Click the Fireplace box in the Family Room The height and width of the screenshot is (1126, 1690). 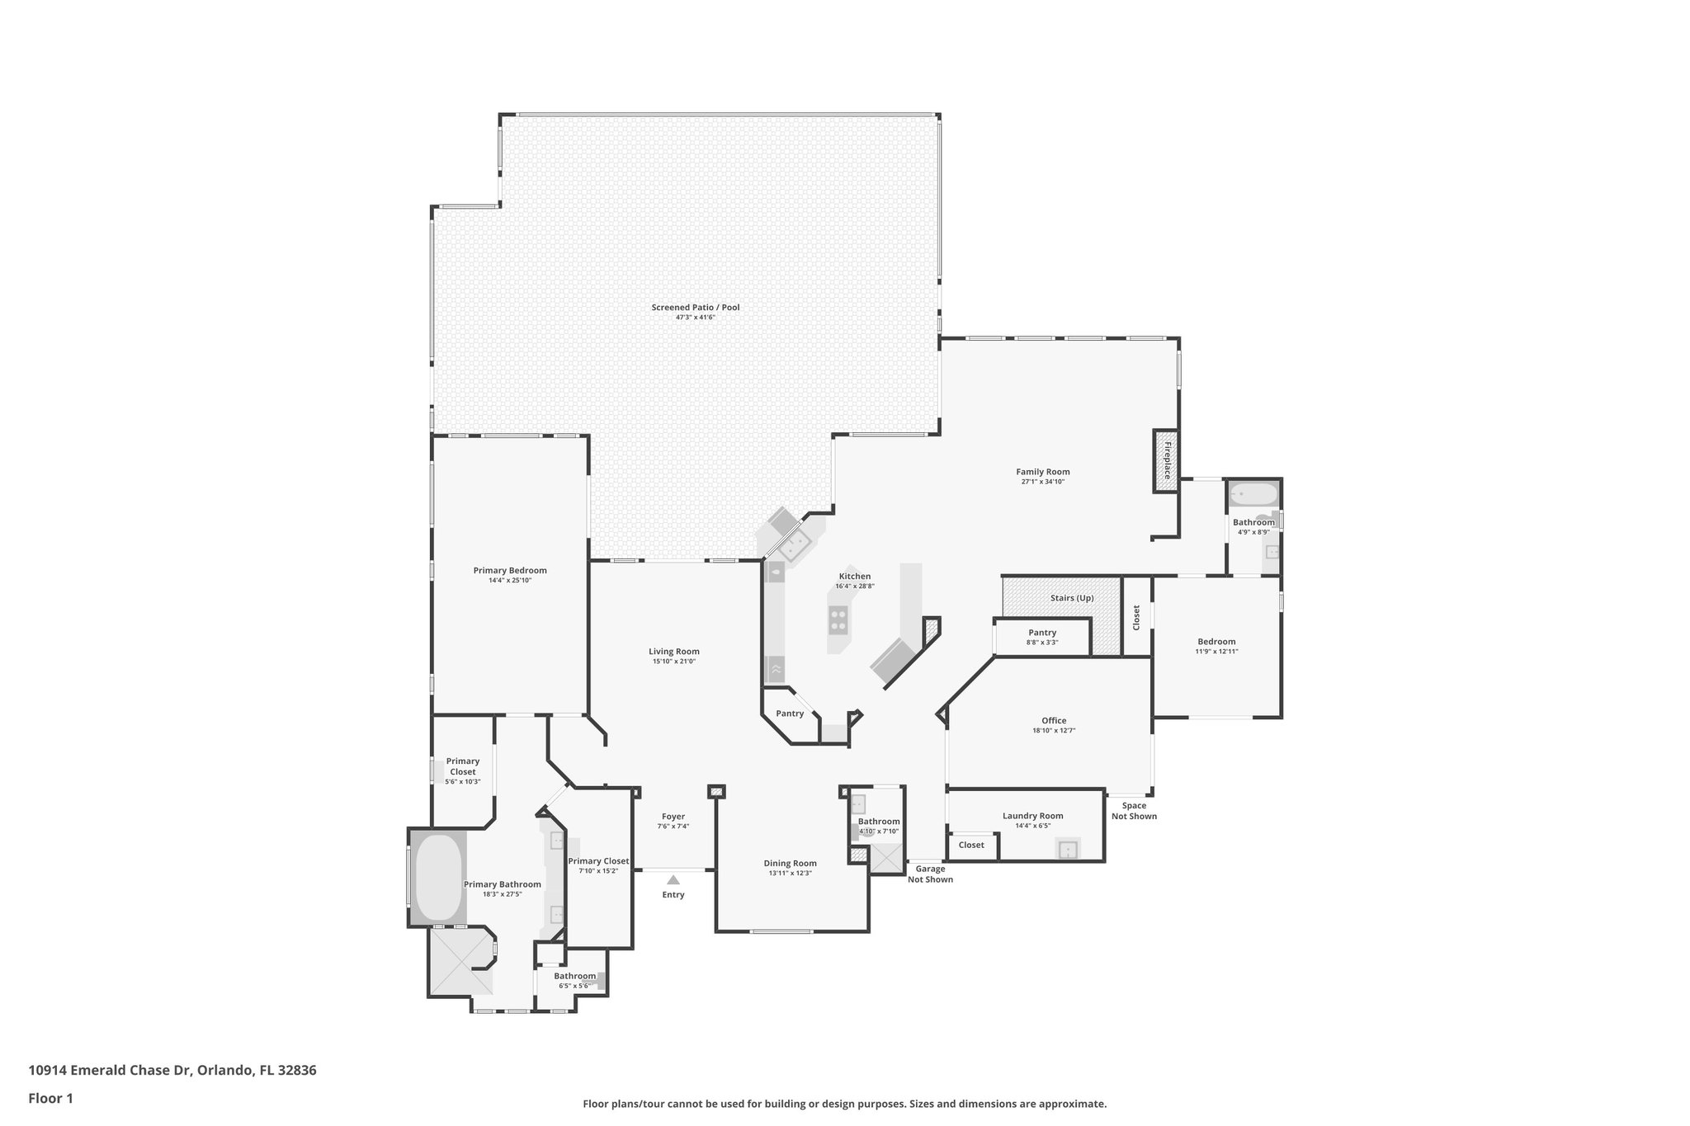click(x=1166, y=461)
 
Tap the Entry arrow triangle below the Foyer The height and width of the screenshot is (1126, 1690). click(x=673, y=879)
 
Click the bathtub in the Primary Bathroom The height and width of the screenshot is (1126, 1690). click(x=437, y=878)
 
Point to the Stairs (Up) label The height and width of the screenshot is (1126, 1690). click(x=1072, y=598)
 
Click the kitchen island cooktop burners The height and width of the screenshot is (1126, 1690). click(x=838, y=620)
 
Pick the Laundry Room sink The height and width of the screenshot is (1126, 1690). click(x=1068, y=849)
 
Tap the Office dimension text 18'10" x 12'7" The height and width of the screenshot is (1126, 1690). click(x=1053, y=731)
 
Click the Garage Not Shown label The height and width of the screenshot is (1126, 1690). click(x=930, y=874)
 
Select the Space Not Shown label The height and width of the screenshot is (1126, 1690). click(x=1133, y=811)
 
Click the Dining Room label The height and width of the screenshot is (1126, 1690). click(x=790, y=864)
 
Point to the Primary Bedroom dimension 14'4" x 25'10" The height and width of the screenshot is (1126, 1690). click(x=509, y=581)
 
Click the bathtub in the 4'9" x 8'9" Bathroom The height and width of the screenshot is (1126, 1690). click(x=1253, y=495)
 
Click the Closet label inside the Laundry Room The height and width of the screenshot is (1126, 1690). click(x=971, y=845)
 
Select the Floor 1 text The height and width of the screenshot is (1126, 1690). click(x=50, y=1098)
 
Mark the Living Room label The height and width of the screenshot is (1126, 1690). click(x=673, y=652)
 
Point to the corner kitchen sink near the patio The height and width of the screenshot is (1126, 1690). click(x=795, y=544)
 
